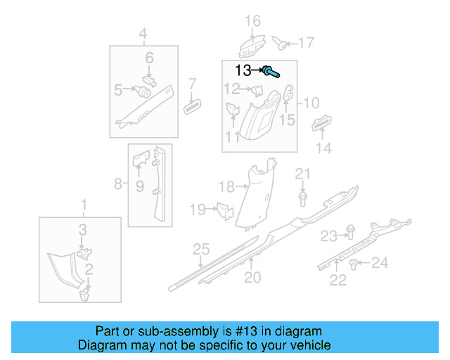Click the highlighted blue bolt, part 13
271,71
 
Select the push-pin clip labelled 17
281,44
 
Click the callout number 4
143,34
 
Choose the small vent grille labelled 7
193,106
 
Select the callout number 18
226,187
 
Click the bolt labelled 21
302,199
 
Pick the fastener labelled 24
353,264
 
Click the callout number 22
338,281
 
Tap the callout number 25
202,249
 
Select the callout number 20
252,278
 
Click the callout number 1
84,206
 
